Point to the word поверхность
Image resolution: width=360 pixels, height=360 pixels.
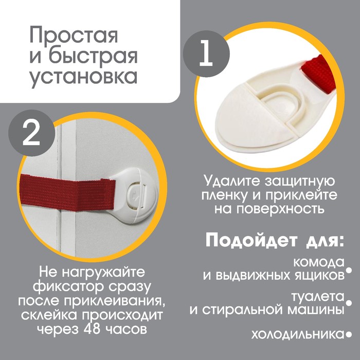click(x=283, y=209)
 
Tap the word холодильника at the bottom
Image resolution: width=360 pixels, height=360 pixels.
click(x=296, y=334)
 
